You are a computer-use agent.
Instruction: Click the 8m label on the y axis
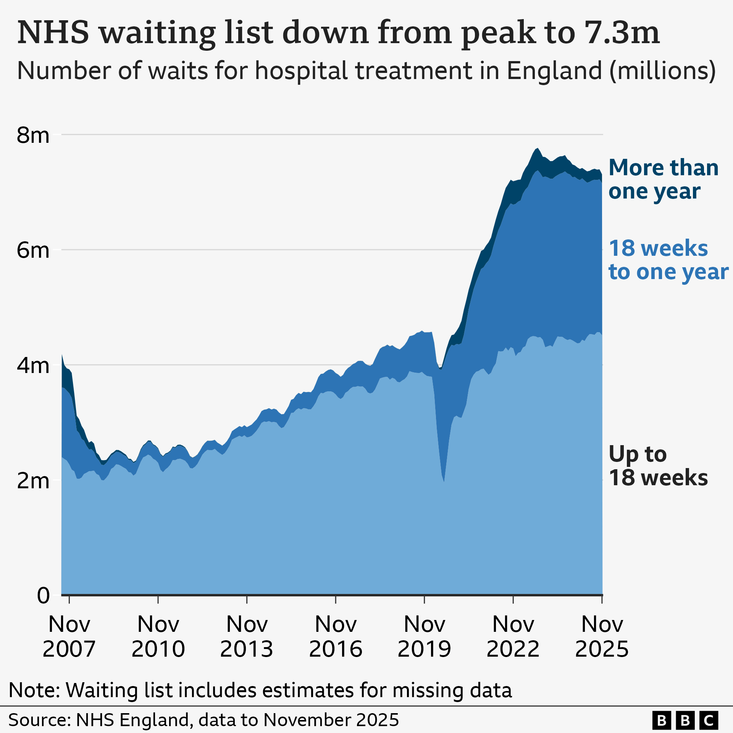point(33,135)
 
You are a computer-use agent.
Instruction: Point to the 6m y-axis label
point(33,250)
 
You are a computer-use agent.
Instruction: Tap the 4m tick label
point(33,366)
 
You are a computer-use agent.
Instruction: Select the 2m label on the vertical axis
point(33,481)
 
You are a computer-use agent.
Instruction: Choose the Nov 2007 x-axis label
point(69,636)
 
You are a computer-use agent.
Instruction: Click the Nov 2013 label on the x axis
point(247,636)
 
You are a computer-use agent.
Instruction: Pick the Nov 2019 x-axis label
point(424,636)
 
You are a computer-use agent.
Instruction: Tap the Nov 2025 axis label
point(602,636)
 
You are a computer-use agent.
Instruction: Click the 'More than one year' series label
point(663,179)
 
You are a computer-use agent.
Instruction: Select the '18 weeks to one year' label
point(668,260)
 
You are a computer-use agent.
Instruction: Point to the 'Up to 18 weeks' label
point(658,466)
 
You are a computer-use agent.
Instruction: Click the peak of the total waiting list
point(537,149)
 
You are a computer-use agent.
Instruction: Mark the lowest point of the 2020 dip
point(444,481)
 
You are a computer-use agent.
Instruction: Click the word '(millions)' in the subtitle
point(662,71)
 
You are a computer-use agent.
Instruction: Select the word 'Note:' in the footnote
point(34,690)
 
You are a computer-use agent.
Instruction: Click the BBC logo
point(685,720)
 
